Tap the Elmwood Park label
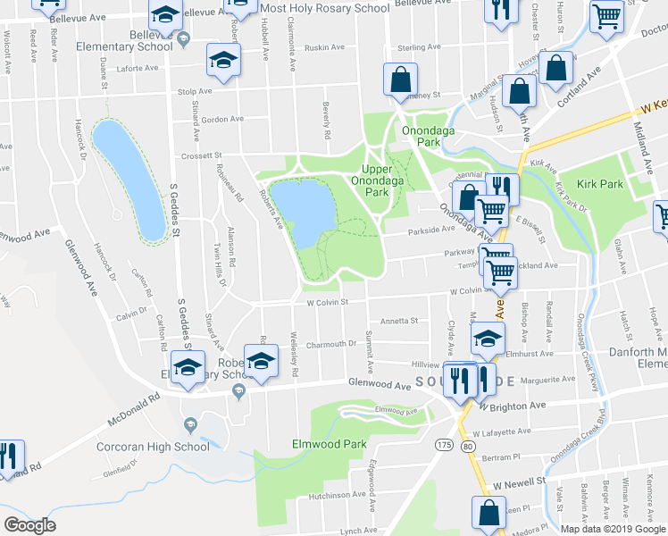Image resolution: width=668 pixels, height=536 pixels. pos(317,443)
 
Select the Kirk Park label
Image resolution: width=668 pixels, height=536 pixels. pos(598,183)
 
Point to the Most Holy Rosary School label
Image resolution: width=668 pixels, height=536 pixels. pos(326,8)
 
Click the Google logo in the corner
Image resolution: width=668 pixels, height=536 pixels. pos(29,525)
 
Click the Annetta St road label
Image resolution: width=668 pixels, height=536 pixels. pos(399,321)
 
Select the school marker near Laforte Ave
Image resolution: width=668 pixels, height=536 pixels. pos(222,60)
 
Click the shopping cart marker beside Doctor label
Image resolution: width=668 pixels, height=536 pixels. pos(606,15)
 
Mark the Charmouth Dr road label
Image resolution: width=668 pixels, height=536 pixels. pos(330,344)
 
